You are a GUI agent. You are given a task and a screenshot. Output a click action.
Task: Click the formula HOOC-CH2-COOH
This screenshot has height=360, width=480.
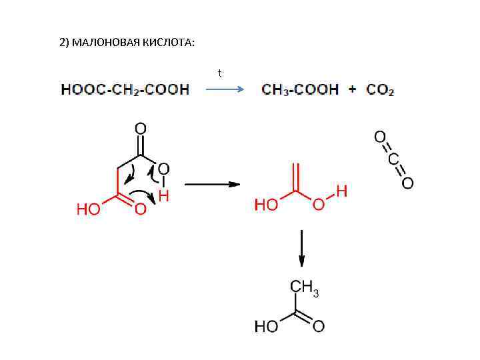(125, 89)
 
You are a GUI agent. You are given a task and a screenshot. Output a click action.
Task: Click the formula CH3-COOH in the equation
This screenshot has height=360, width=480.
(300, 89)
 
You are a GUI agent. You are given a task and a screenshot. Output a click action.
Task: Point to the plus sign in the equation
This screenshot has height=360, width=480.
(352, 89)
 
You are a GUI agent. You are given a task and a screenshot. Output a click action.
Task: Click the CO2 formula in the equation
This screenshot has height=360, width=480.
(380, 89)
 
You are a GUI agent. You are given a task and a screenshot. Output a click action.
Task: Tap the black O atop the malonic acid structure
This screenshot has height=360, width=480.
(141, 127)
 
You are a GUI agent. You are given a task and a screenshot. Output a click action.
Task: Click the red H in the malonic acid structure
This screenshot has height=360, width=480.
(163, 196)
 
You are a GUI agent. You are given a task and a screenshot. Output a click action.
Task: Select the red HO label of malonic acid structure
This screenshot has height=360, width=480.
(89, 210)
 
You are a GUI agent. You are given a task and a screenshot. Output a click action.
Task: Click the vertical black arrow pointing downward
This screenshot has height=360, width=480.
(302, 248)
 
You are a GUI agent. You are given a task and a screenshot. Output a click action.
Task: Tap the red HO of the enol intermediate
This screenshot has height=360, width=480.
(267, 205)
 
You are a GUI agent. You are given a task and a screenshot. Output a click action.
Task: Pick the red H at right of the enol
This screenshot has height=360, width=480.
(341, 192)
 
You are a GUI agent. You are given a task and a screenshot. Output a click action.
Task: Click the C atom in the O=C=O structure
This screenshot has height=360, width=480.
(393, 160)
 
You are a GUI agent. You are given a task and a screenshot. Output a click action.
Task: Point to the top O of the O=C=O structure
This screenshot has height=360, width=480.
(379, 137)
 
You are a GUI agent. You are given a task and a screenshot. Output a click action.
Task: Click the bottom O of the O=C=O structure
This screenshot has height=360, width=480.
(407, 182)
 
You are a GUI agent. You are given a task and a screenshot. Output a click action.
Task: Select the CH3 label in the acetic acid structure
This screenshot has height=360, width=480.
(303, 287)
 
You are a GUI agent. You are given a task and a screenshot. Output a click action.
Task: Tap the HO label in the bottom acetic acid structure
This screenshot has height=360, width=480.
(267, 327)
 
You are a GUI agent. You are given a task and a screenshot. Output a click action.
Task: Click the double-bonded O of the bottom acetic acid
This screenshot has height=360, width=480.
(319, 327)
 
